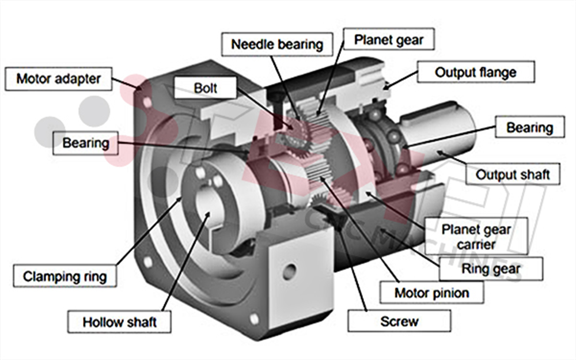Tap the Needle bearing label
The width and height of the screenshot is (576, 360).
pyautogui.click(x=276, y=44)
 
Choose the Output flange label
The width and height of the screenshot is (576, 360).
pyautogui.click(x=475, y=73)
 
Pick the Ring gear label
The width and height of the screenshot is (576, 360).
pyautogui.click(x=490, y=268)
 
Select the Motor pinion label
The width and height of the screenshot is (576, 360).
pyautogui.click(x=431, y=293)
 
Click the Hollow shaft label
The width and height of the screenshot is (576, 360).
pyautogui.click(x=119, y=321)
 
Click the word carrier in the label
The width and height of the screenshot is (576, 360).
pyautogui.click(x=476, y=244)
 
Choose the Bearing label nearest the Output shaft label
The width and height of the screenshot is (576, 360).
pyautogui.click(x=529, y=127)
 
